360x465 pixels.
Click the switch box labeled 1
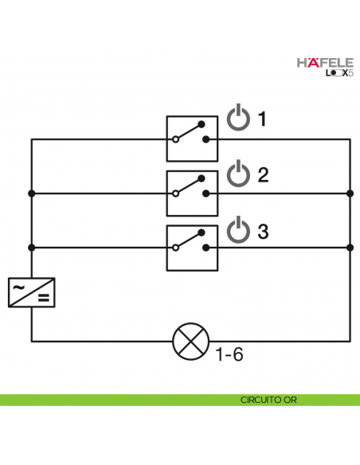(192, 139)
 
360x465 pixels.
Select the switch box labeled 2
(192, 193)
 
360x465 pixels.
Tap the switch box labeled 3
(192, 247)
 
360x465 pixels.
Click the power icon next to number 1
(238, 119)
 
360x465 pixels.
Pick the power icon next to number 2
(238, 174)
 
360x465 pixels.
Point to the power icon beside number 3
(238, 229)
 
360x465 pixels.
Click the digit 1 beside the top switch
(262, 120)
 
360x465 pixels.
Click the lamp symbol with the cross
(189, 341)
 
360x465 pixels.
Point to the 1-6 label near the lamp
(229, 354)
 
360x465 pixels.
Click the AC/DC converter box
(32, 292)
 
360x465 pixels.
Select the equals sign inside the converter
(44, 300)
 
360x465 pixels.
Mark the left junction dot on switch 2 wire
(32, 193)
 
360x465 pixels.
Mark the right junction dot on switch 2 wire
(350, 193)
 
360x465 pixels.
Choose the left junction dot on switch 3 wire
(32, 248)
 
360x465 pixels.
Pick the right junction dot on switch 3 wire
(350, 248)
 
